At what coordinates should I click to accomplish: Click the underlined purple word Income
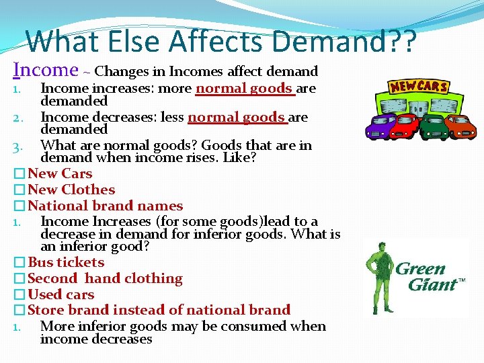click(x=46, y=69)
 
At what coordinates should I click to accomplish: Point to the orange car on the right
click(x=460, y=126)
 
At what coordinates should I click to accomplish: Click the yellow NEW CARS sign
click(x=419, y=87)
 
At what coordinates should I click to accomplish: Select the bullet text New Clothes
click(x=71, y=190)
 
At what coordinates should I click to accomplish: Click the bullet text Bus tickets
click(x=66, y=262)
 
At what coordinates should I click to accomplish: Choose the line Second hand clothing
click(x=105, y=278)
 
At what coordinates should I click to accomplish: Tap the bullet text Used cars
click(x=61, y=294)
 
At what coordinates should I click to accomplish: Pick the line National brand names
click(x=105, y=206)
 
